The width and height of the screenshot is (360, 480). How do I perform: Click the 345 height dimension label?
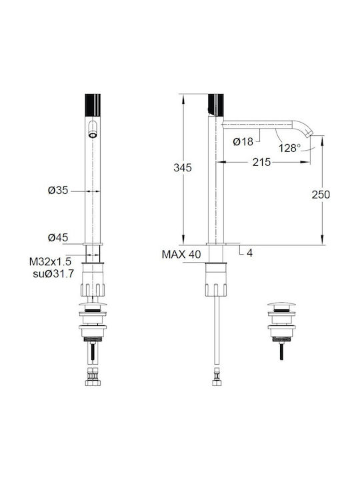(x=183, y=168)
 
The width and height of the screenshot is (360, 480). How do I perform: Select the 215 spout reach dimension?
(x=261, y=162)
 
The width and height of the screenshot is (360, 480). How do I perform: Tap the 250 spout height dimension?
(x=321, y=195)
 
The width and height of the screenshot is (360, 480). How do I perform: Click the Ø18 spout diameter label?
(x=243, y=142)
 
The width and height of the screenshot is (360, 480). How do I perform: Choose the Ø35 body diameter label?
(x=58, y=191)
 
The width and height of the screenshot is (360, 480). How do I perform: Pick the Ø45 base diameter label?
(x=58, y=237)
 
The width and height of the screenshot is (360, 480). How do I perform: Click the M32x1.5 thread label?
(x=50, y=262)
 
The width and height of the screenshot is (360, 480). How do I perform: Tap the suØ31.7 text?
(x=53, y=274)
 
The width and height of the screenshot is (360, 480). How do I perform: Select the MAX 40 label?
(x=181, y=255)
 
